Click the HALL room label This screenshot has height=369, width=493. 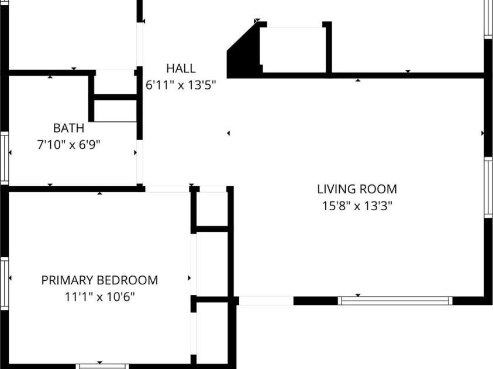[181, 68]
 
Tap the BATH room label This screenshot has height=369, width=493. [68, 128]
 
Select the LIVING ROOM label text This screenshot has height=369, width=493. [357, 189]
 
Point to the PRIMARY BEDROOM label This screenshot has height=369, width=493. [99, 280]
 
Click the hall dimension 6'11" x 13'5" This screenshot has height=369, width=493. [181, 85]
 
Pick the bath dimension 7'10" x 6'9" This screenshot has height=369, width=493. [68, 145]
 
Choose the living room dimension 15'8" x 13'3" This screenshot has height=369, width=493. [357, 206]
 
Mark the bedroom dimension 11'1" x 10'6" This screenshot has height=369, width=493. [99, 297]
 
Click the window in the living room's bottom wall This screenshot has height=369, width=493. [395, 301]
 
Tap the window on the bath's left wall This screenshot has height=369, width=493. [5, 158]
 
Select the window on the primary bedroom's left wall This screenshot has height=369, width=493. [5, 283]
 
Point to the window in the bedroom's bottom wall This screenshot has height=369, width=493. [102, 367]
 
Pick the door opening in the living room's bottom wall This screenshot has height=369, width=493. [266, 301]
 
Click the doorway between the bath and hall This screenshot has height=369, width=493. [140, 162]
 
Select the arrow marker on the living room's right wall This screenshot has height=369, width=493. [482, 133]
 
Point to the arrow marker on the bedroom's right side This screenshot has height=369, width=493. [189, 278]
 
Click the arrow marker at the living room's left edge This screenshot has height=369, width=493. [228, 133]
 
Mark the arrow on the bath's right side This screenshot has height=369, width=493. [135, 152]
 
